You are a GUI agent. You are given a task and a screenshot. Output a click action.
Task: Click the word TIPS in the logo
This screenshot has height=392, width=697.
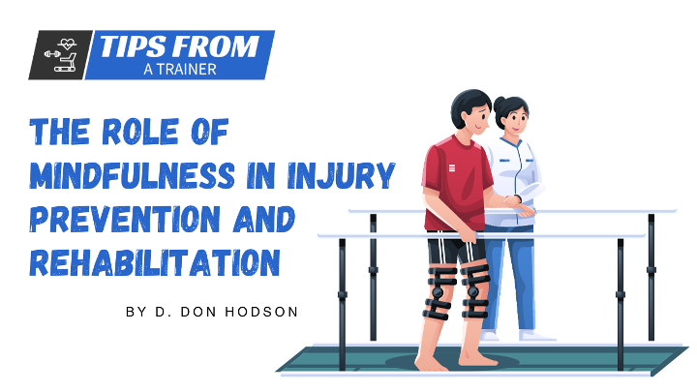131,46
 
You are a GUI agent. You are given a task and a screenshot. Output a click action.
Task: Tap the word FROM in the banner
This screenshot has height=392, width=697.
215,46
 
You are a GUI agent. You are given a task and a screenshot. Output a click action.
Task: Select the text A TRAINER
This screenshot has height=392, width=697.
180,70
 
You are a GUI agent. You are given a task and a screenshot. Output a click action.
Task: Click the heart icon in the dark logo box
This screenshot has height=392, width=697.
68,44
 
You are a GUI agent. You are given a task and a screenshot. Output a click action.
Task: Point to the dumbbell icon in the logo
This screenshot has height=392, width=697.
53,54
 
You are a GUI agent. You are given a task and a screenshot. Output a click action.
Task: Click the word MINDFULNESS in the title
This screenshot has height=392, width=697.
133,175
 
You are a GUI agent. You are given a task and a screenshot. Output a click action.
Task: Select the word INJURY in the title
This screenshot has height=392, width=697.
341,175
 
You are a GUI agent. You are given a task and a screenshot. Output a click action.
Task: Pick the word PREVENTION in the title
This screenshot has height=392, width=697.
125,219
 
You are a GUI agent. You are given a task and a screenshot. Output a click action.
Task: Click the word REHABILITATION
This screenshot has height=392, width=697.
155,262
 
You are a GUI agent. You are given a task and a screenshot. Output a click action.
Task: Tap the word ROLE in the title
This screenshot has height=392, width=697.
140,132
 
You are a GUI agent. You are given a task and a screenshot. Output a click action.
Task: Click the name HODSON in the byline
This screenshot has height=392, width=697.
261,312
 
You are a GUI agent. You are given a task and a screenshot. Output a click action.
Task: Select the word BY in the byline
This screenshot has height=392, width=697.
135,312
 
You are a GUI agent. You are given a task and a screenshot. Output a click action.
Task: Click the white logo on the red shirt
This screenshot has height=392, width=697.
452,168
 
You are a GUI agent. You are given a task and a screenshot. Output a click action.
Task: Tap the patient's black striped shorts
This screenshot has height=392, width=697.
457,251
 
